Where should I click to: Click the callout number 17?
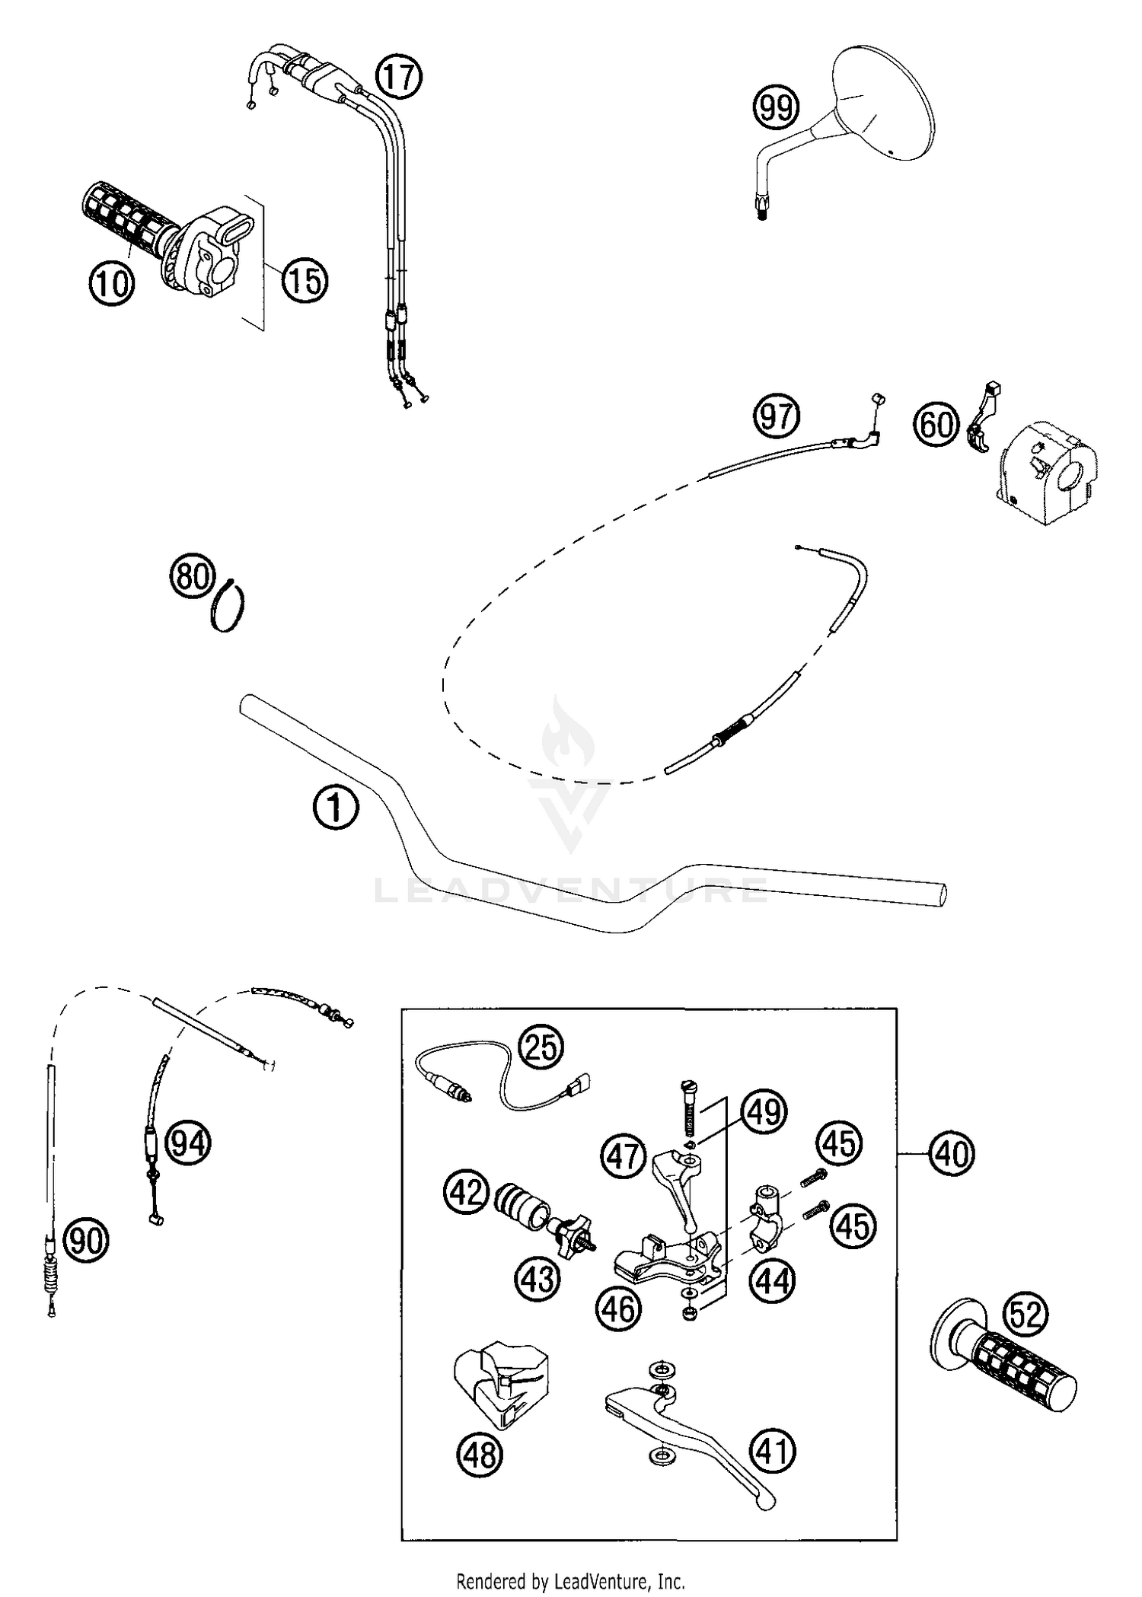pos(399,78)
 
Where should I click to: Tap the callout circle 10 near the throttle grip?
pos(112,284)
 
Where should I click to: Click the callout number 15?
pos(305,281)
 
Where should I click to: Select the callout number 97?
pos(776,417)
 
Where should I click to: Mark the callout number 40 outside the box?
pos(952,1155)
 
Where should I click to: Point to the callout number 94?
pos(188,1143)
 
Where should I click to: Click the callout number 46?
pos(618,1309)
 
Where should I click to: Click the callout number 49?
pos(764,1112)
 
